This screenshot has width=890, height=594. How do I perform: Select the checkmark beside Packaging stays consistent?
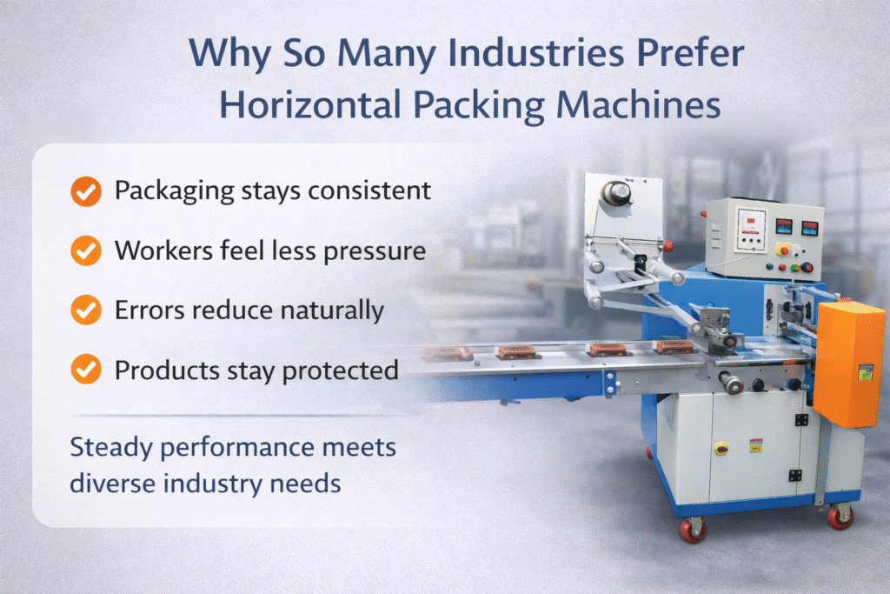pos(85,192)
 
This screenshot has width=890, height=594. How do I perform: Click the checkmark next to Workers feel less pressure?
pos(85,251)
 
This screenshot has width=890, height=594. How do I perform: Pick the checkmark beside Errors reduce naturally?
pos(85,310)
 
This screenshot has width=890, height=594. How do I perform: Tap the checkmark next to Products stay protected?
pos(85,370)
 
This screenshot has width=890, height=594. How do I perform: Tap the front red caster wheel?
pos(693,529)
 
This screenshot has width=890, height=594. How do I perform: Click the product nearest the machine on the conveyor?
pos(673,347)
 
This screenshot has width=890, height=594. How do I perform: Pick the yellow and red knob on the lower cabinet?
pos(721,448)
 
